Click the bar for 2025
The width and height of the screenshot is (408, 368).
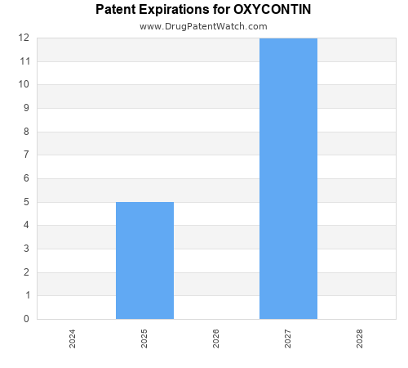point(144,260)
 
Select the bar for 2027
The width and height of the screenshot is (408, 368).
point(288,178)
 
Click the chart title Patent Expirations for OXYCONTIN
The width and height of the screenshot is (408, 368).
point(203,10)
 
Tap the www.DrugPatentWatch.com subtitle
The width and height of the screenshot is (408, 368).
point(203,26)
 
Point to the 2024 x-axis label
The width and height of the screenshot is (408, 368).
point(73,339)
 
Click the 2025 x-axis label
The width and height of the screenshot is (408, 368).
point(144,339)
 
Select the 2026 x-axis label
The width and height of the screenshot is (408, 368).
point(216,339)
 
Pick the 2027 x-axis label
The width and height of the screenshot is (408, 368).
point(288,339)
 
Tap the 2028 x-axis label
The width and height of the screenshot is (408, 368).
point(360,339)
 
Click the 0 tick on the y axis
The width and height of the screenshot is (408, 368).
point(26,319)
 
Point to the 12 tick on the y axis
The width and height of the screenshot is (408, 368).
point(24,38)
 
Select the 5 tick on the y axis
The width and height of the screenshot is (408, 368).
point(26,202)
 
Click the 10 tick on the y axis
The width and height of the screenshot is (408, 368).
point(24,84)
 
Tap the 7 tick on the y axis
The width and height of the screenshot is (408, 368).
point(26,155)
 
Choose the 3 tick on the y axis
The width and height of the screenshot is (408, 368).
point(26,249)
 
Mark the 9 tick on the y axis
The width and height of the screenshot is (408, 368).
point(26,108)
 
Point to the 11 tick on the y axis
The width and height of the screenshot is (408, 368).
point(24,61)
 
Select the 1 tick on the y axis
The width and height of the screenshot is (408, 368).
point(26,295)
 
